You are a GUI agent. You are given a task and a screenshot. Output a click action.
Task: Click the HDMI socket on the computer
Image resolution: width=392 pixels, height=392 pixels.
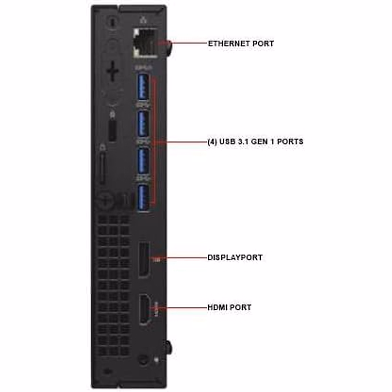144,309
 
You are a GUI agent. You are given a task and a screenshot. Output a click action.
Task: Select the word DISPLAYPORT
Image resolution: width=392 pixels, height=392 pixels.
235,257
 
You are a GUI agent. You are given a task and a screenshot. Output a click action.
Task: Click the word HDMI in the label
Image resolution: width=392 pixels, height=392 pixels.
218,307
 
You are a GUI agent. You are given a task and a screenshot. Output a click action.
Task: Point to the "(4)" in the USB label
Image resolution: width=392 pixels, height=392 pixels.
212,141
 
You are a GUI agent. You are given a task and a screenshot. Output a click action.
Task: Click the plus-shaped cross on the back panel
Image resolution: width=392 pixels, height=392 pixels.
112,71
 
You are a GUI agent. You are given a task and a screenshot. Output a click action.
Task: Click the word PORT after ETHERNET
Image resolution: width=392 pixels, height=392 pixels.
263,43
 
